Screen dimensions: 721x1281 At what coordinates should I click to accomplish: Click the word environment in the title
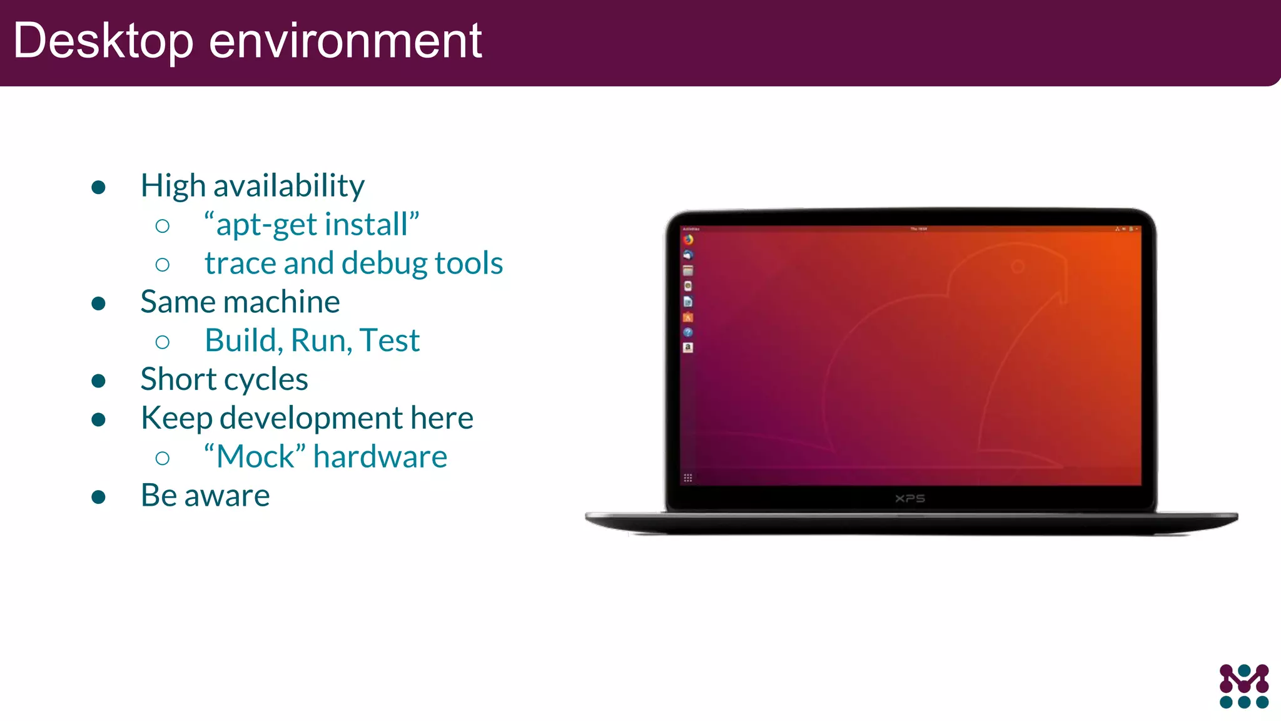click(x=345, y=41)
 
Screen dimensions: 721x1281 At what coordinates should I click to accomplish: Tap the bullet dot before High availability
click(x=98, y=187)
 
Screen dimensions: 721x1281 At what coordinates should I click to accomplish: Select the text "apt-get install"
click(x=311, y=225)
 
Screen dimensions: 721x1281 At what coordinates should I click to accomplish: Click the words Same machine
click(x=240, y=302)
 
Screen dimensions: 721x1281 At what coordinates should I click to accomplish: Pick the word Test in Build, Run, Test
click(x=389, y=341)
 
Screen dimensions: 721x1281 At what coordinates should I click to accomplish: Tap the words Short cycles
click(x=224, y=380)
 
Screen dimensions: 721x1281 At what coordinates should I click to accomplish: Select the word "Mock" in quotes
click(x=255, y=457)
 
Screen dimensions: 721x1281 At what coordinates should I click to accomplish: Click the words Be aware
click(x=205, y=496)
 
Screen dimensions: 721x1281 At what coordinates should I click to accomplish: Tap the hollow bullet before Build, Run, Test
click(x=163, y=342)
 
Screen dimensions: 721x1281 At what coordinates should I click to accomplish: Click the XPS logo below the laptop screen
click(x=910, y=499)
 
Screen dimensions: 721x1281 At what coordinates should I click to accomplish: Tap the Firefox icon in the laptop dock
click(x=688, y=239)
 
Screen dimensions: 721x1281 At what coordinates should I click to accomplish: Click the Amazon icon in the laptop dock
click(x=688, y=347)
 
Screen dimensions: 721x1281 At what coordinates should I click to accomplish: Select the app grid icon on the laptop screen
click(x=688, y=478)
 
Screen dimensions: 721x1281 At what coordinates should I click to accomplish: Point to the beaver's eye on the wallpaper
click(x=1018, y=267)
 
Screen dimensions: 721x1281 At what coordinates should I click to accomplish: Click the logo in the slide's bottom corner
click(x=1244, y=687)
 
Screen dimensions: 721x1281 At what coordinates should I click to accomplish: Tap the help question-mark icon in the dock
click(x=688, y=332)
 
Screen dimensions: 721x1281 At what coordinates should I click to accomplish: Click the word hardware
click(x=380, y=457)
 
